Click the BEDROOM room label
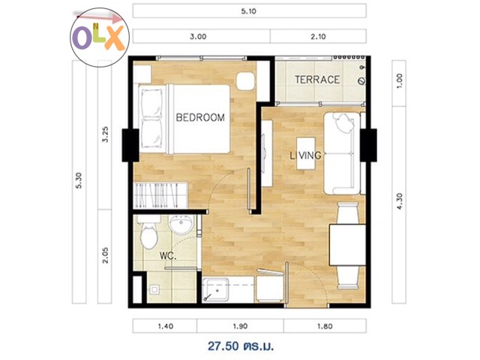[x=200, y=117]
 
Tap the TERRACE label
[x=317, y=79]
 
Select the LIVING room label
[x=305, y=155]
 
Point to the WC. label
[x=168, y=256]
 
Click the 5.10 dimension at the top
[x=248, y=11]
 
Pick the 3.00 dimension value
[x=198, y=37]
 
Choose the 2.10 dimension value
[x=318, y=37]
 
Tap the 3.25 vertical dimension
[x=105, y=134]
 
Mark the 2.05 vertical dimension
[x=105, y=255]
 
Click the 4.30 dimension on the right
[x=400, y=201]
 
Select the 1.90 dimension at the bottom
[x=240, y=326]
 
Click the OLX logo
[x=100, y=37]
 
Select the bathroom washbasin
[x=181, y=224]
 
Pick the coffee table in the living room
[x=306, y=153]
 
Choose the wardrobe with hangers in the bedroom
[x=160, y=195]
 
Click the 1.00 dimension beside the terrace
[x=400, y=81]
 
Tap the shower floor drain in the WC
[x=155, y=289]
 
